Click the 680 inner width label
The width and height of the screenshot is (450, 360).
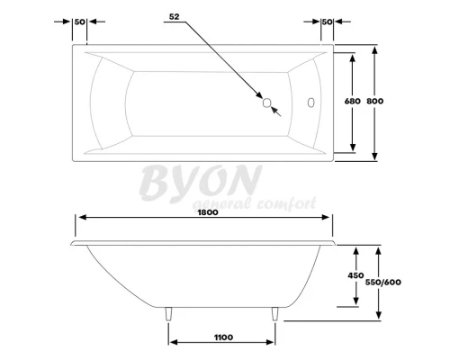click(352, 101)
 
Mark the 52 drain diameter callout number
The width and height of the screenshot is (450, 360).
click(175, 17)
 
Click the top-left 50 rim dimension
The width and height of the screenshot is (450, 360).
click(79, 21)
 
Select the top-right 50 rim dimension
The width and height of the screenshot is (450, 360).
click(327, 21)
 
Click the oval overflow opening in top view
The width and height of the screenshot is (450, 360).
click(312, 103)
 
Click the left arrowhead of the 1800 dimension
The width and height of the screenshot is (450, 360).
click(79, 218)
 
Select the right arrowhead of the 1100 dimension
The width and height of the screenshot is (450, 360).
click(272, 342)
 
